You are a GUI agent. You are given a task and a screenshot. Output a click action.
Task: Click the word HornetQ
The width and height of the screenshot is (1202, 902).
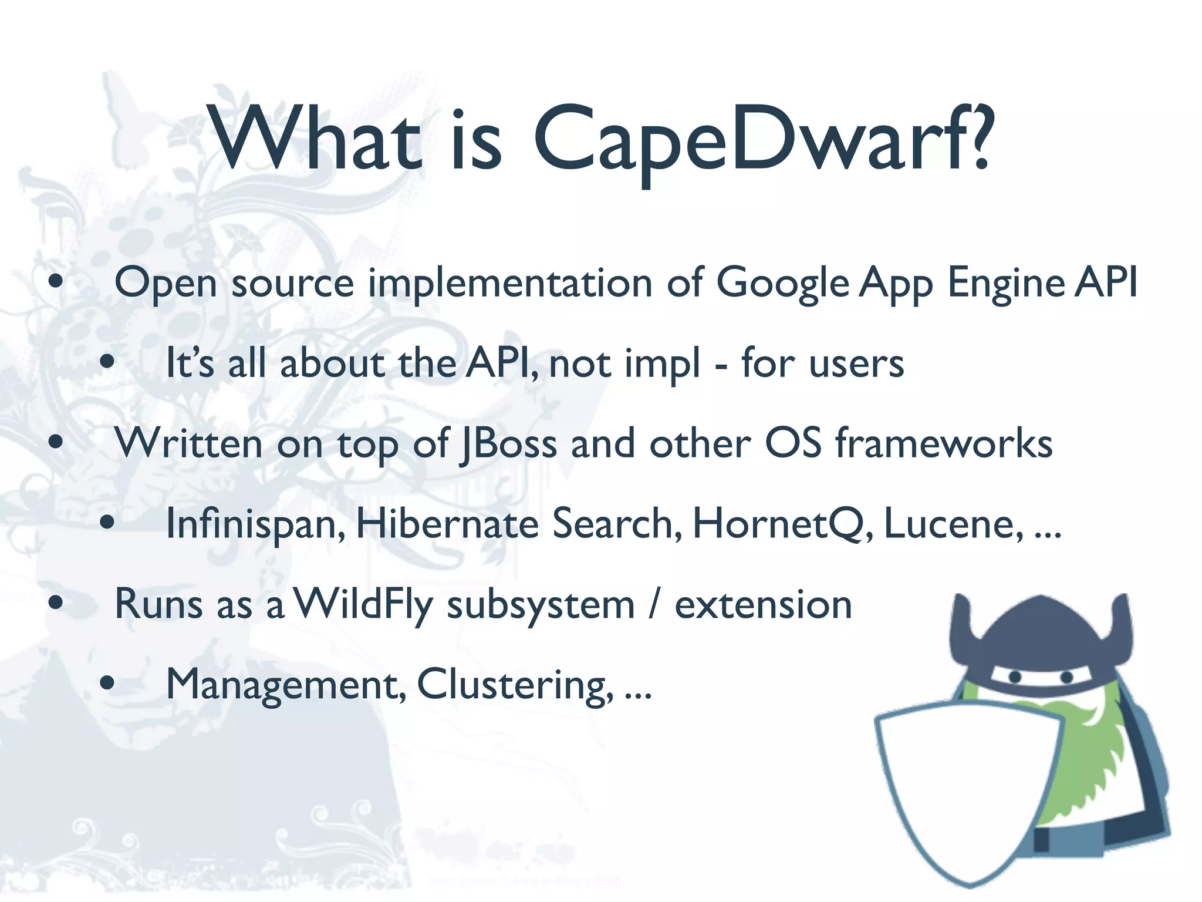pyautogui.click(x=778, y=524)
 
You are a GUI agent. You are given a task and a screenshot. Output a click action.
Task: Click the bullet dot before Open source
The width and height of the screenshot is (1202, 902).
pyautogui.click(x=56, y=282)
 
